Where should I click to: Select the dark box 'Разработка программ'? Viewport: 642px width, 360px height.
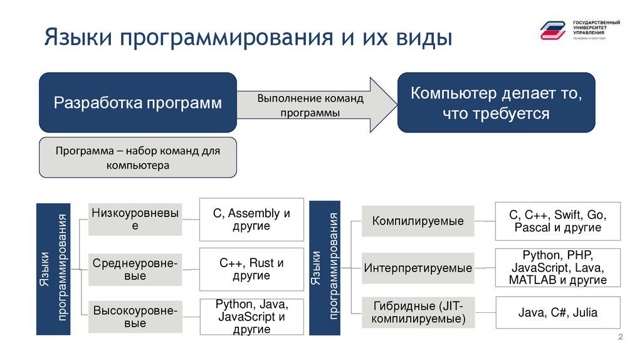pyautogui.click(x=138, y=102)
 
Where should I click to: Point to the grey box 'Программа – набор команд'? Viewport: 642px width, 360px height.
pyautogui.click(x=138, y=157)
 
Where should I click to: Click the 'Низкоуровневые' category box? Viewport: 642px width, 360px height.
pyautogui.click(x=135, y=220)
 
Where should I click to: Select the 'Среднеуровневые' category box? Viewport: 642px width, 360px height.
pyautogui.click(x=135, y=269)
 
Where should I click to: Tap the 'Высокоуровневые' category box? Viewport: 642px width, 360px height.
pyautogui.click(x=135, y=316)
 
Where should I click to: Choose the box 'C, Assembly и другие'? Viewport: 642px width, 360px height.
pyautogui.click(x=251, y=220)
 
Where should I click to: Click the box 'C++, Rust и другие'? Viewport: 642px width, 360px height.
pyautogui.click(x=251, y=269)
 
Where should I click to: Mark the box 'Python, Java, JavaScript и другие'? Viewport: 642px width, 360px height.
pyautogui.click(x=251, y=317)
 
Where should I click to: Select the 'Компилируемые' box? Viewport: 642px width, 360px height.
pyautogui.click(x=418, y=221)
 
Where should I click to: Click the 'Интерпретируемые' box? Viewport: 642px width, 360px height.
pyautogui.click(x=418, y=268)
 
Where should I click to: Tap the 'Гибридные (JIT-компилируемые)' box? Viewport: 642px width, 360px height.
pyautogui.click(x=418, y=312)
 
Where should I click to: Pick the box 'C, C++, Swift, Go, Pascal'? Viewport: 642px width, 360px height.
pyautogui.click(x=557, y=221)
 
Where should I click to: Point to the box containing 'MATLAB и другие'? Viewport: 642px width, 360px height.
pyautogui.click(x=557, y=268)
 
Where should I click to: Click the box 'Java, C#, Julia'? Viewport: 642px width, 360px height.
pyautogui.click(x=557, y=312)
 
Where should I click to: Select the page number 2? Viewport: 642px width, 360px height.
pyautogui.click(x=620, y=339)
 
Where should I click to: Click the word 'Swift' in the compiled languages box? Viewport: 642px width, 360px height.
pyautogui.click(x=569, y=214)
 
